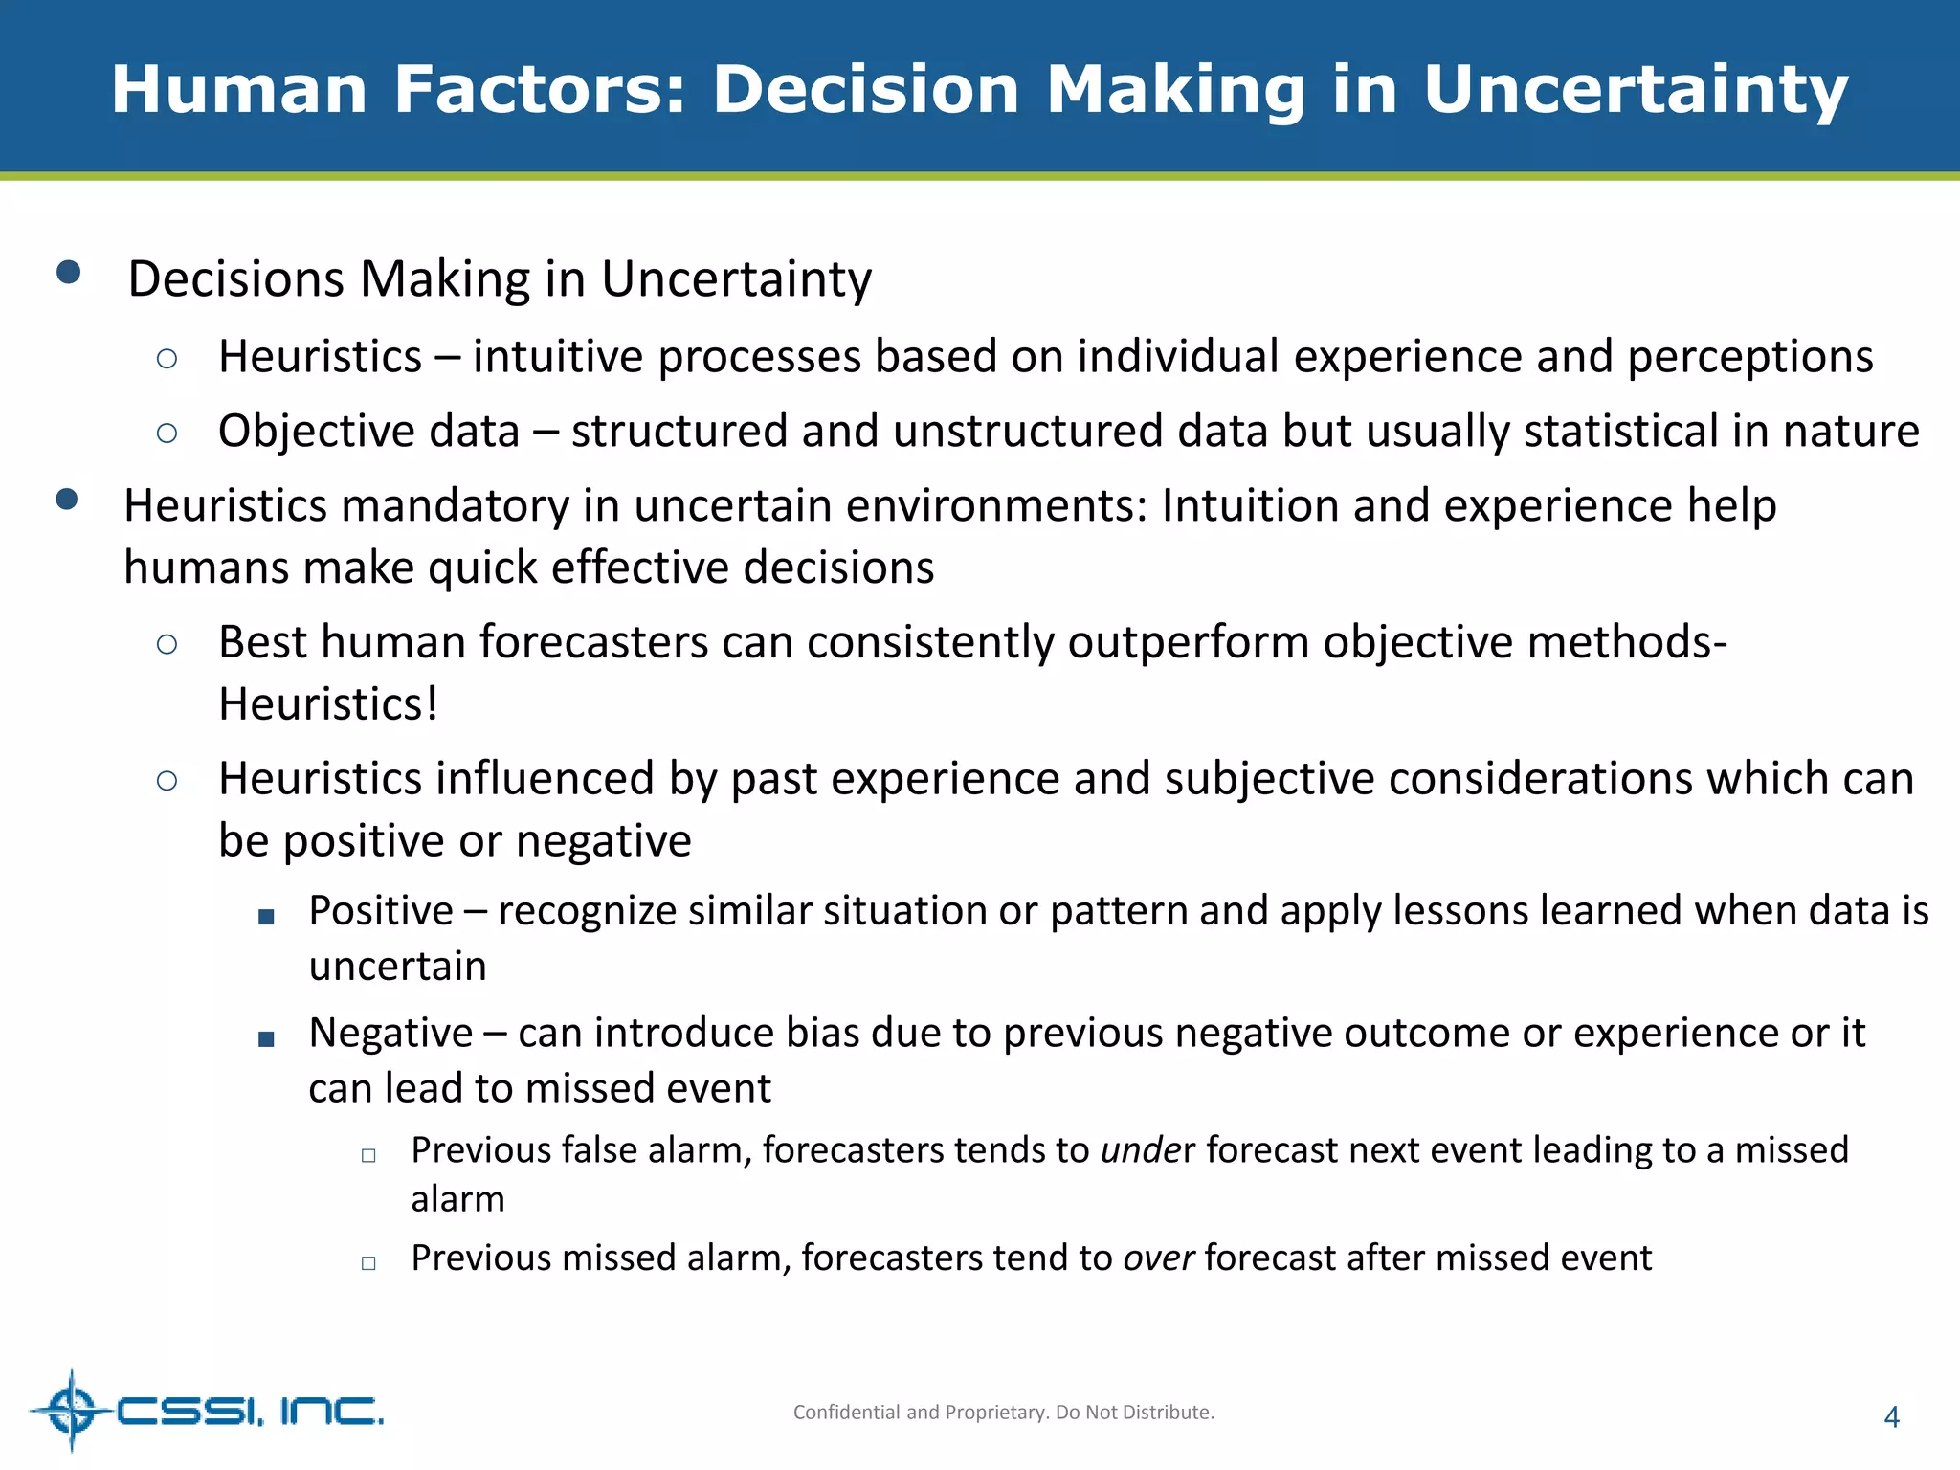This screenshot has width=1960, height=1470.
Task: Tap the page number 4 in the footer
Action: point(1891,1417)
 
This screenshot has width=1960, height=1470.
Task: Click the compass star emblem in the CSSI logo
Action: point(72,1410)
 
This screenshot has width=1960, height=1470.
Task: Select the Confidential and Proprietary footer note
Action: point(1003,1413)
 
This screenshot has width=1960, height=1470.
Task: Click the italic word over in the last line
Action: point(1158,1258)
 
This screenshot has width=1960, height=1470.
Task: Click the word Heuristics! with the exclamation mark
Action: point(328,703)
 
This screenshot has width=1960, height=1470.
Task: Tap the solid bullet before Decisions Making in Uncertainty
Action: point(68,273)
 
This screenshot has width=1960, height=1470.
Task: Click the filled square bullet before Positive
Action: point(267,917)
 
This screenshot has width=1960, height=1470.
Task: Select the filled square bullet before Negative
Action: point(267,1039)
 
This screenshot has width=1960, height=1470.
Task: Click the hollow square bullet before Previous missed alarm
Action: point(368,1263)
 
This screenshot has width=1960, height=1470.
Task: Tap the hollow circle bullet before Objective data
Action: point(167,434)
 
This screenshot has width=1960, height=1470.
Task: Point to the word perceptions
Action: point(1750,357)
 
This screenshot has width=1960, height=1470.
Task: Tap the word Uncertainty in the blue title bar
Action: point(1635,90)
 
